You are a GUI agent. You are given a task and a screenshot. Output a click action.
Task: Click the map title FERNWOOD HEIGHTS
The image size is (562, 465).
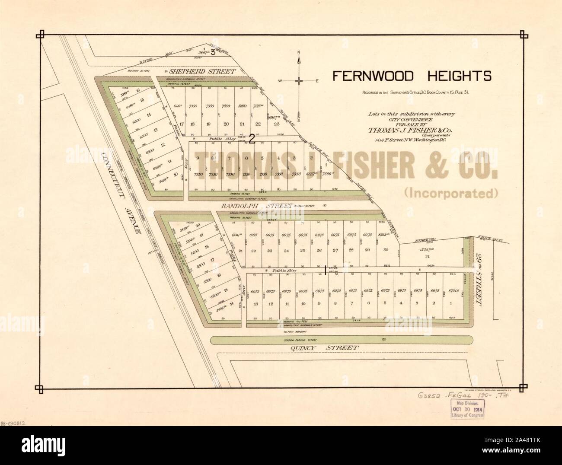pos(411,76)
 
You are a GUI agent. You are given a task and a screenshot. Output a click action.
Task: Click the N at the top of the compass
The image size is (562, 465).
pos(299,53)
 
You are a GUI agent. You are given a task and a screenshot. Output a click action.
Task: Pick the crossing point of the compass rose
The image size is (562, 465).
pos(299,81)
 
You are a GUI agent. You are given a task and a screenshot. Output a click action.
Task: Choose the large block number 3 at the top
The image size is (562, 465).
pos(213,53)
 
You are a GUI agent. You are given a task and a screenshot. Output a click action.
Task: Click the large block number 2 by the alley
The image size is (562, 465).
pos(252,139)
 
